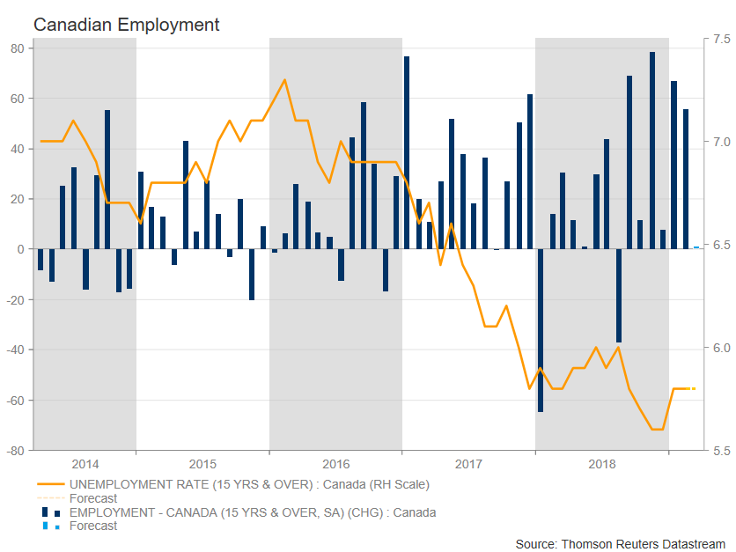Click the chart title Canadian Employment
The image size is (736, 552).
pos(126,25)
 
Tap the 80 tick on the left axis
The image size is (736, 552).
pos(17,48)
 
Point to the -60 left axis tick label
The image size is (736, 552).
pos(14,401)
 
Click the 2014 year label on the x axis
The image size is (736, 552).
pos(85,464)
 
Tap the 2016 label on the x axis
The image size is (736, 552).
pos(335,464)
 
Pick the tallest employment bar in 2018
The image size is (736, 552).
pos(652,150)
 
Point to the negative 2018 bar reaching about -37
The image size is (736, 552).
pos(618,296)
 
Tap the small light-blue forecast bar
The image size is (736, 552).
pos(696,247)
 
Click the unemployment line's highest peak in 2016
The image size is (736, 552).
pos(284,80)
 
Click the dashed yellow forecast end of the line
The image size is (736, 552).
pos(692,388)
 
